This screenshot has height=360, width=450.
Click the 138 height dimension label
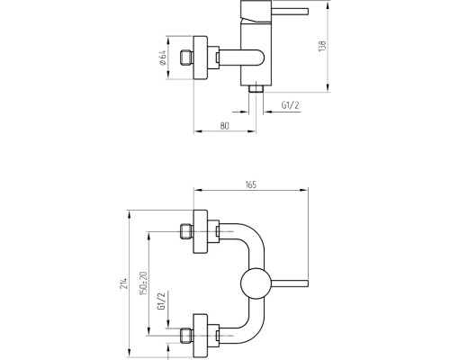pos(322,46)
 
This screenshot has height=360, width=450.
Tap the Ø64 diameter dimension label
pos(162,58)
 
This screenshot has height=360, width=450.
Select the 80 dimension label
pos(224,126)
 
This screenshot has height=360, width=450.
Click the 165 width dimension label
pos(251,184)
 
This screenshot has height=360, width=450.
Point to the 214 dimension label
pos(124,283)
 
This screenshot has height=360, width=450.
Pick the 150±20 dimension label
pos(143,283)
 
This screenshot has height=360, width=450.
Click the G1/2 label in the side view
pos(290,105)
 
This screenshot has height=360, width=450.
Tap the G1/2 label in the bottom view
pos(161,301)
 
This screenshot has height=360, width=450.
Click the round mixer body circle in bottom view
pos(256,283)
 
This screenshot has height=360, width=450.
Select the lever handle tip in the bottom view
pos(307,283)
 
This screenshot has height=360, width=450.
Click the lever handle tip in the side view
pos(307,12)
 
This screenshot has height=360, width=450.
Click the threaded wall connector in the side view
pos(186,58)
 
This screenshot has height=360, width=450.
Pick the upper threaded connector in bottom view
pos(186,231)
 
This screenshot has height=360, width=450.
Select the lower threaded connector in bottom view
pos(186,336)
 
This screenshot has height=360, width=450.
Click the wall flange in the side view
pos(201,58)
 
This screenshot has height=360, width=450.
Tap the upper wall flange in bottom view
pos(201,231)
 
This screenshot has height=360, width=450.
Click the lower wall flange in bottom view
pos(201,336)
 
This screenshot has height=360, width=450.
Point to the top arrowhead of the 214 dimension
pos(130,213)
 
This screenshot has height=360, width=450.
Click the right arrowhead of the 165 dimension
pos(304,190)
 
